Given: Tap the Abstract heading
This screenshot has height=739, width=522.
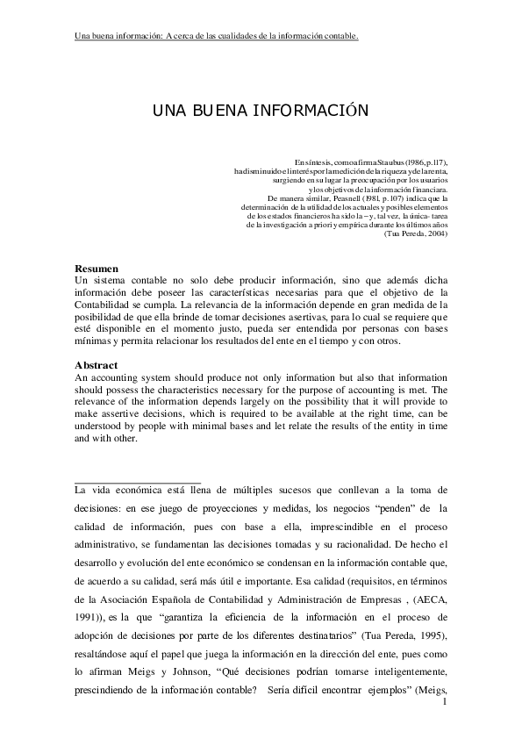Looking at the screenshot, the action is (97, 364).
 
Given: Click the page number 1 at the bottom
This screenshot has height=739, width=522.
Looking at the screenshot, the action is (446, 701).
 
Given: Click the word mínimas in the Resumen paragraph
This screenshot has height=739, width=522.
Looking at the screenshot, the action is (94, 341).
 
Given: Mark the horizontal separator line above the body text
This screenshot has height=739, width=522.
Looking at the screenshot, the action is (139, 482).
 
